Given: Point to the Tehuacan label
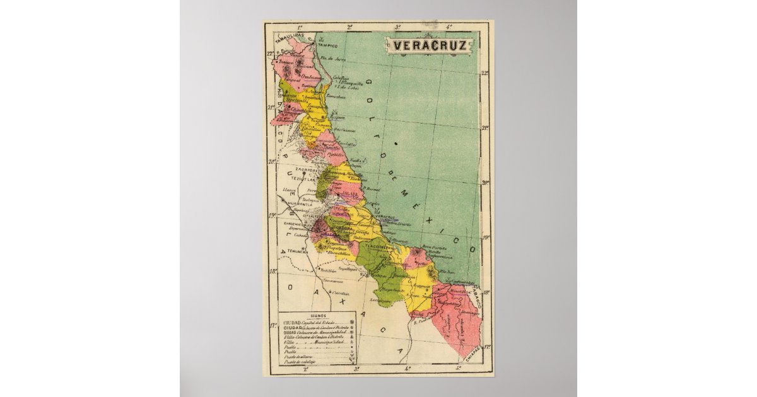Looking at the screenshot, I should click(x=296, y=251).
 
